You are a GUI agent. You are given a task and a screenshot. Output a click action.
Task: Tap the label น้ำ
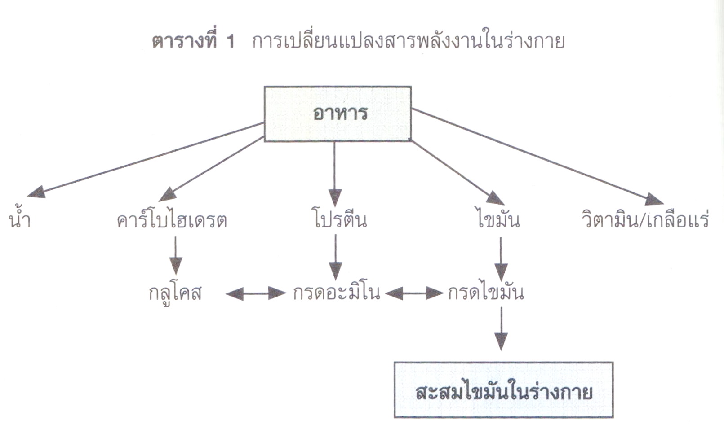pos(20,219)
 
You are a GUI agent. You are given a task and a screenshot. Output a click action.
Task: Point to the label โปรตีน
pos(340,219)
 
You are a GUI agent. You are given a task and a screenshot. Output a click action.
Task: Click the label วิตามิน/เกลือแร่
pos(645,219)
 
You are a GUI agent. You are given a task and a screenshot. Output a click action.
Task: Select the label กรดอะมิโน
pos(336,292)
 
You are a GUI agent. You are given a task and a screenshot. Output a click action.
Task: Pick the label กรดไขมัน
pos(485,292)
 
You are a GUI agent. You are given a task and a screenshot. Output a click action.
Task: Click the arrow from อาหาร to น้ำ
pos(146,159)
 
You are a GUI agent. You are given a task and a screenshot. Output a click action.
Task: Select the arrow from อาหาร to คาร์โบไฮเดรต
pos(212,169)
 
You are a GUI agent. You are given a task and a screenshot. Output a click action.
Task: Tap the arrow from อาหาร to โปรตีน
pos(334,174)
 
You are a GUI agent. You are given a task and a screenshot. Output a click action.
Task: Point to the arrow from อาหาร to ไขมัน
pos(457,173)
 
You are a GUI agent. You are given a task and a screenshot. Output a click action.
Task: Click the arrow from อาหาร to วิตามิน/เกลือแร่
pos(537,157)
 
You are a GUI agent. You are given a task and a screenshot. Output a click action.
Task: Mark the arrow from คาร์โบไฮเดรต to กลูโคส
pos(176,256)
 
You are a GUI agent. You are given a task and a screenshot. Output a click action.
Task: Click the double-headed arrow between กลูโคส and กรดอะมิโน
pos(256,293)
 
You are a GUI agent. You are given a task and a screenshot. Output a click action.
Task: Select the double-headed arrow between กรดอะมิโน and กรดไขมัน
pos(414,293)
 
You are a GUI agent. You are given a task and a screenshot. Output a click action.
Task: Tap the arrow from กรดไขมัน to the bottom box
pos(501,328)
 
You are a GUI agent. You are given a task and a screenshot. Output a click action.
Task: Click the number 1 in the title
pos(231,42)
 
